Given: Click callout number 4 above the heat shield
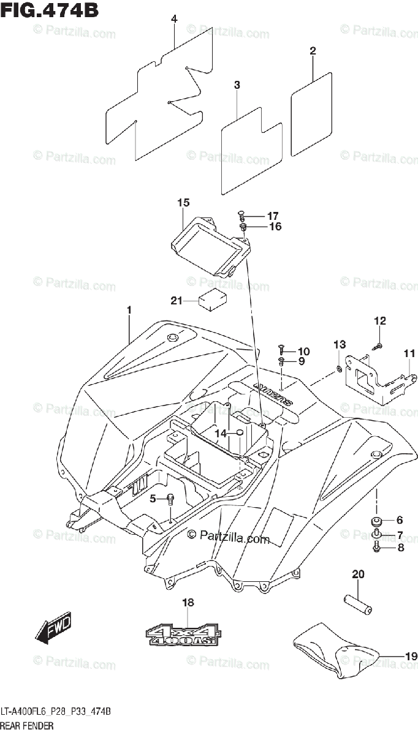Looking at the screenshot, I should coord(174,20).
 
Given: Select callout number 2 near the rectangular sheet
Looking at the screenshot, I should coord(313,51).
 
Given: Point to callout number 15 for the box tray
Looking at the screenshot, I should coord(183,203).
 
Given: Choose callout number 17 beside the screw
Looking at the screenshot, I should coord(272,216).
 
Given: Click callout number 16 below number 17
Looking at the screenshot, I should coord(275,227).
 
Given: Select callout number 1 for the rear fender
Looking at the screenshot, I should coord(129,311).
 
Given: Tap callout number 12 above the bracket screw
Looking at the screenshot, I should coord(380,320).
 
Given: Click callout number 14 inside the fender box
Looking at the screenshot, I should coord(221,433).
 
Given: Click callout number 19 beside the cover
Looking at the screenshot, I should coord(410,657).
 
